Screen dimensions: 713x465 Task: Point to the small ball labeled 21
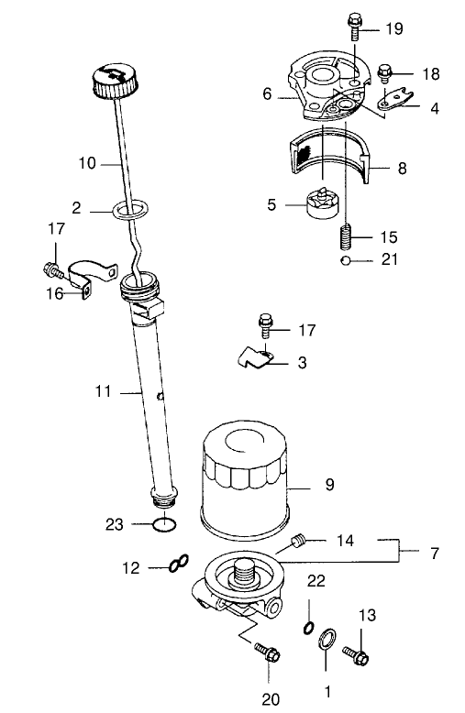[x=346, y=260]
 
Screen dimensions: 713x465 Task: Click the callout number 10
[x=87, y=165]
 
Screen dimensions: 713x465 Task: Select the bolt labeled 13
[x=355, y=654]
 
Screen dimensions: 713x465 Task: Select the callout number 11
[x=103, y=390]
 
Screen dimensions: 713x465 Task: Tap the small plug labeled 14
[x=296, y=543]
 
